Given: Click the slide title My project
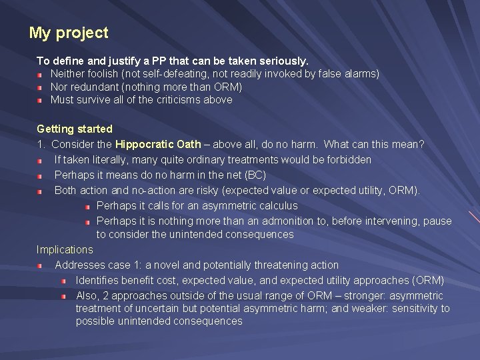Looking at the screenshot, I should (x=69, y=33).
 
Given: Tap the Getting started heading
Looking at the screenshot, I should (x=75, y=129).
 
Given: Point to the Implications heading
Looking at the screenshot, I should (x=65, y=250).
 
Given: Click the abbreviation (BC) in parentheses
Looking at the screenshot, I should (x=255, y=175).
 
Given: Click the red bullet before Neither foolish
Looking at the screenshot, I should (x=40, y=74).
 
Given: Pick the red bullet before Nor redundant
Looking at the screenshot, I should (x=40, y=87).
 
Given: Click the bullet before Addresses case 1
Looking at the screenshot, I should (x=40, y=265).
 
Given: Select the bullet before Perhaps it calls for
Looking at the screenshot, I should (x=87, y=206).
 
